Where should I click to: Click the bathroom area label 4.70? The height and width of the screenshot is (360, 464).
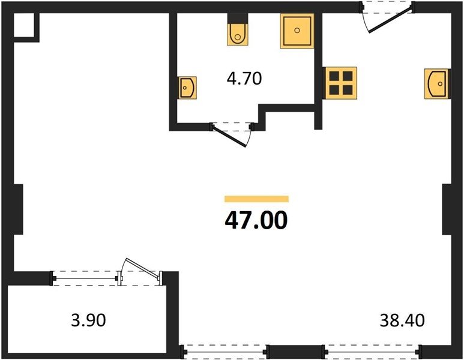(x=244, y=79)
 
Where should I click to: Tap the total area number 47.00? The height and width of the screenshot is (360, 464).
(x=256, y=220)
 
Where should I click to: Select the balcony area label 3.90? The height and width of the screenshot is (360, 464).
(x=88, y=320)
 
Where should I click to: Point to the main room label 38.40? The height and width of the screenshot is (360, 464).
(x=402, y=320)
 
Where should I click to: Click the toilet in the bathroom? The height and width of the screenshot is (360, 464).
(x=238, y=34)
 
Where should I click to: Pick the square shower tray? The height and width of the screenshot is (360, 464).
(x=297, y=31)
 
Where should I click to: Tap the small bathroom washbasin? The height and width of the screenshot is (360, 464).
(x=187, y=88)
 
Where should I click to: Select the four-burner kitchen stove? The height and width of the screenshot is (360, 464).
(x=341, y=83)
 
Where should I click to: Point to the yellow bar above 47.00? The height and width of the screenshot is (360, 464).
(x=256, y=199)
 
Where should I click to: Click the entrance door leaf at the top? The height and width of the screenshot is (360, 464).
(x=390, y=22)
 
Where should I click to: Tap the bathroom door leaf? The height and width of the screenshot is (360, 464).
(x=229, y=136)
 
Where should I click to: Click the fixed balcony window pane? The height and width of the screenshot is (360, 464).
(x=85, y=278)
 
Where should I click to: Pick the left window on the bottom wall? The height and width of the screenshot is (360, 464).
(x=225, y=352)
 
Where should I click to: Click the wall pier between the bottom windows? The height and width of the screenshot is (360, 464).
(x=296, y=352)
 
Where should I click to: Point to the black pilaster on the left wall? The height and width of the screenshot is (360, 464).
(x=19, y=209)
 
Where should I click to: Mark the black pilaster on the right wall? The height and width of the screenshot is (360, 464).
(x=447, y=209)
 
